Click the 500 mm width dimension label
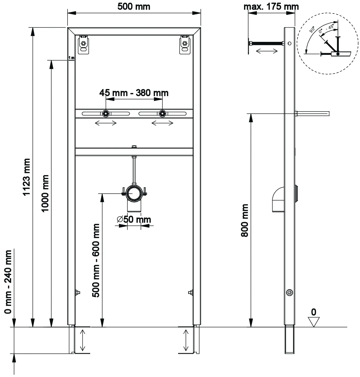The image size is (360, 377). click(x=134, y=7)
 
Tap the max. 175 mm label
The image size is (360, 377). click(x=271, y=7)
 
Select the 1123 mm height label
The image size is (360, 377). click(x=26, y=177)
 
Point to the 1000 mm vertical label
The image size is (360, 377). click(x=45, y=194)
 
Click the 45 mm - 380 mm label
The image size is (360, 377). click(x=134, y=93)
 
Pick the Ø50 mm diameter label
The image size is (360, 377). click(x=134, y=219)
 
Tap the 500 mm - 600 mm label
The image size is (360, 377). click(x=96, y=261)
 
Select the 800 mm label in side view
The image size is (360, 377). click(x=245, y=220)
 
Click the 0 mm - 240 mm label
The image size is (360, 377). click(x=8, y=282)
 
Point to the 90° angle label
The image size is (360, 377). click(x=312, y=30)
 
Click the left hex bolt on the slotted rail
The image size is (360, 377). click(x=106, y=114)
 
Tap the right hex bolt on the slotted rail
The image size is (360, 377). click(x=162, y=114)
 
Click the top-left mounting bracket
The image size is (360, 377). click(x=83, y=45)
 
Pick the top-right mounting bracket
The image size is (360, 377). click(x=185, y=45)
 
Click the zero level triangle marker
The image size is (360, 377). click(x=313, y=322)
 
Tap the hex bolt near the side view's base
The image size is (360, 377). click(x=290, y=292)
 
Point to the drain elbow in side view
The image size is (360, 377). click(x=278, y=199)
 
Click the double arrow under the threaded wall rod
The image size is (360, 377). click(x=267, y=51)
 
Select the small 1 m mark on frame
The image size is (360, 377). click(x=71, y=58)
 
